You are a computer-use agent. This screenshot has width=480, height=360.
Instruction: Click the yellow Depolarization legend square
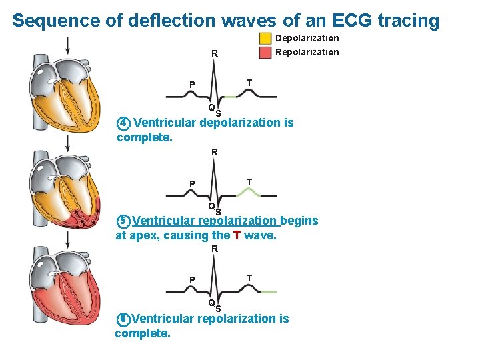pos(265,39)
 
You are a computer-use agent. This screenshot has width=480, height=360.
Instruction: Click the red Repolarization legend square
pos(265,52)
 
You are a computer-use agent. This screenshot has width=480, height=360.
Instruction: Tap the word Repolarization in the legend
pos(307,52)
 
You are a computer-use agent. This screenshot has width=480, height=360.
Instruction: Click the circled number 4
pos(123,123)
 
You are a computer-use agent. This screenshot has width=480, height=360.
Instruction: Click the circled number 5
pos(123,221)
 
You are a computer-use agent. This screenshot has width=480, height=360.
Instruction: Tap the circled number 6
pos(123,319)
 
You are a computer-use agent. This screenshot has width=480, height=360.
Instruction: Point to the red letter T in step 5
pos(237,235)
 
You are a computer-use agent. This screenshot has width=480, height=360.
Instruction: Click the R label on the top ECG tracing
pos(214,53)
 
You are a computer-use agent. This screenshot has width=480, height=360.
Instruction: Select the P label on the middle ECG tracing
pos(191,184)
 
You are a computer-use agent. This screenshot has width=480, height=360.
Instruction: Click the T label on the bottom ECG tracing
pos(249,277)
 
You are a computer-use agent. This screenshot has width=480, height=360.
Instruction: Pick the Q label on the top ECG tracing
pos(211,107)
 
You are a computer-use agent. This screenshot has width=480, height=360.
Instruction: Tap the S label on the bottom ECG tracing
pos(218,309)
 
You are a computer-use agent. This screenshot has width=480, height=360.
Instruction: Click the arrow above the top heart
pos(67,46)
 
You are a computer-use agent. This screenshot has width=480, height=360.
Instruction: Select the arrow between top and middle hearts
pos(68,143)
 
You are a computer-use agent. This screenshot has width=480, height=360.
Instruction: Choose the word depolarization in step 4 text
pos(239,123)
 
